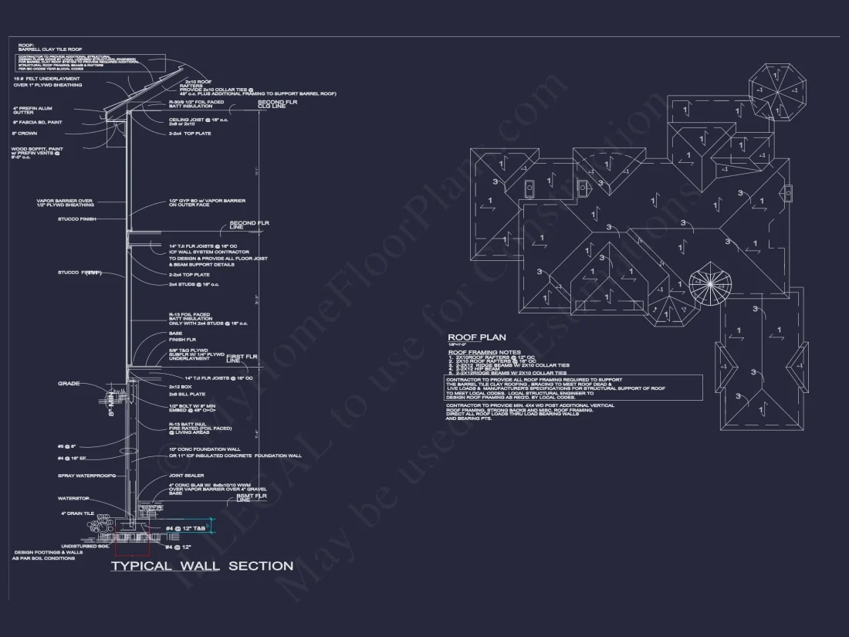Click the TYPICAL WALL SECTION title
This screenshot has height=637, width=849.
[x=201, y=566]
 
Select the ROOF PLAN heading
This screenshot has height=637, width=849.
[x=477, y=337]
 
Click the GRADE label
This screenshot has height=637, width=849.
[x=69, y=384]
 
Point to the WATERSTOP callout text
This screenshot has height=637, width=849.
[x=73, y=498]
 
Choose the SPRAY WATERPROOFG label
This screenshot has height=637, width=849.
[x=86, y=476]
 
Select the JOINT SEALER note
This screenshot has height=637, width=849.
[x=186, y=476]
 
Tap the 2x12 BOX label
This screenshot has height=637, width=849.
[x=181, y=386]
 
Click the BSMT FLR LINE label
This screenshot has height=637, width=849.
[x=251, y=498]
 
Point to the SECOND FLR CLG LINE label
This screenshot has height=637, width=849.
[x=272, y=103]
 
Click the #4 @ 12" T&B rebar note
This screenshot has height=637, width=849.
[x=186, y=528]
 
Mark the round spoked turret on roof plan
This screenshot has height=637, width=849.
[x=709, y=283]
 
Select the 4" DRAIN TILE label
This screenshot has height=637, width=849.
[x=77, y=513]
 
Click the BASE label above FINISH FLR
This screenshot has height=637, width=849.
[x=176, y=334]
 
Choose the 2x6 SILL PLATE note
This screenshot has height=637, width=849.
[x=187, y=394]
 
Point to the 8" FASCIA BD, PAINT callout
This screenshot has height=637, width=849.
[x=37, y=122]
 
